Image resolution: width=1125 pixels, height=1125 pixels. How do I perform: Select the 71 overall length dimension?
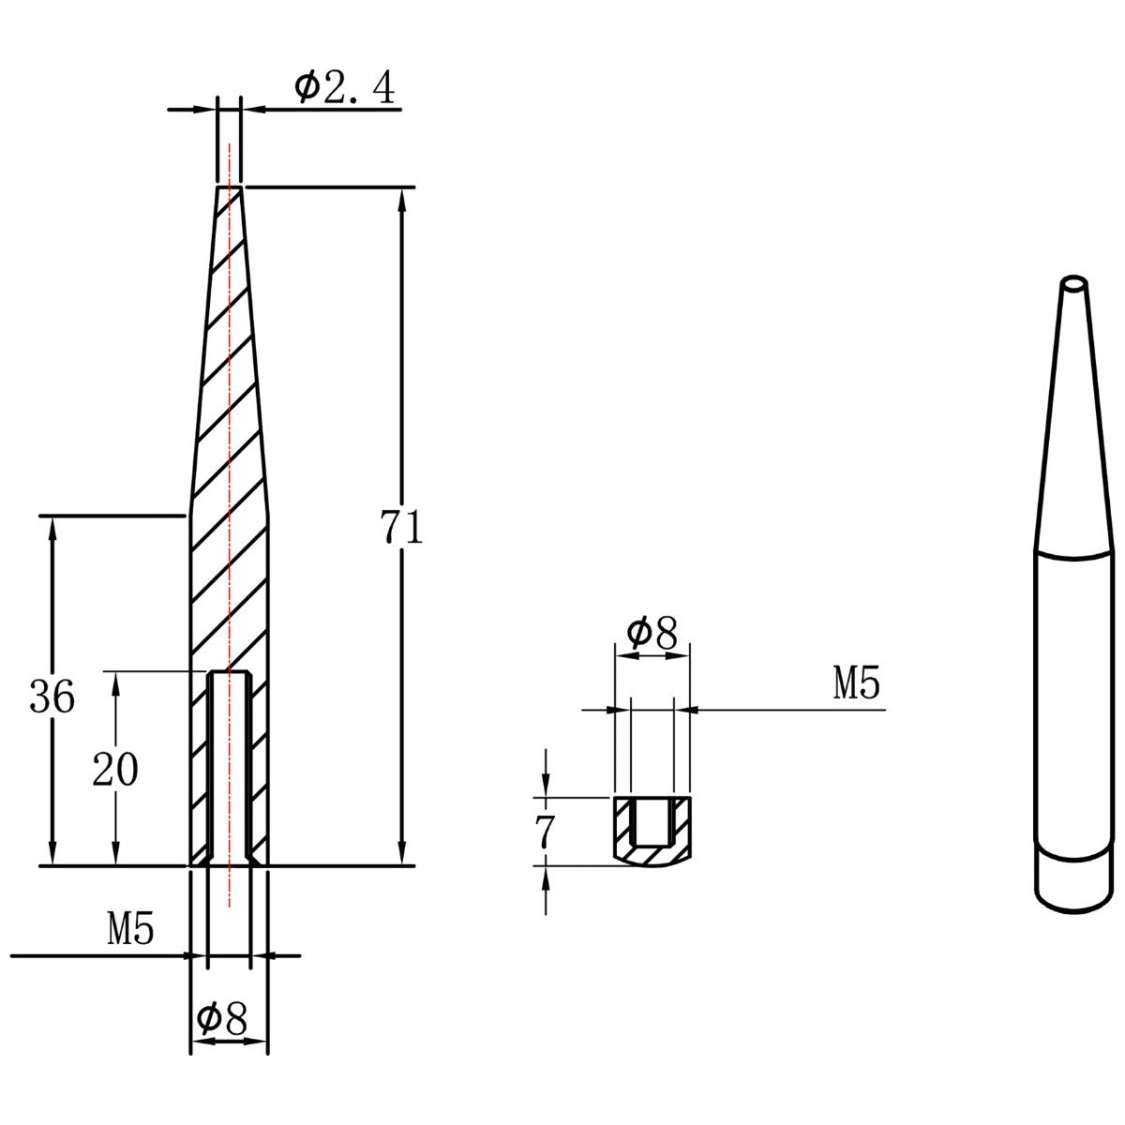click(402, 529)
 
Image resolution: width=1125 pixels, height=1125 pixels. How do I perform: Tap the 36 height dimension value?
click(52, 697)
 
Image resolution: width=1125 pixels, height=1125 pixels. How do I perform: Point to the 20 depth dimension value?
click(115, 770)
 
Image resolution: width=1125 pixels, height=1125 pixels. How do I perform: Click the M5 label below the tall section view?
click(130, 930)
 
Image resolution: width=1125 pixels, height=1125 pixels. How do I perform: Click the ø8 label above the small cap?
click(652, 634)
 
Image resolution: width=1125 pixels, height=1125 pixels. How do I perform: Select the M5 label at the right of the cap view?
click(857, 685)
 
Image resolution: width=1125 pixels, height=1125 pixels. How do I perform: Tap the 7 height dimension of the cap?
click(545, 830)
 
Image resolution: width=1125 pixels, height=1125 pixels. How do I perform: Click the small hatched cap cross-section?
click(653, 831)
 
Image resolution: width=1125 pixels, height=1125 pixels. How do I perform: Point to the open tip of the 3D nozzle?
click(1073, 281)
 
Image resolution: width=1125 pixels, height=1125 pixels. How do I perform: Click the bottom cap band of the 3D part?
click(1073, 881)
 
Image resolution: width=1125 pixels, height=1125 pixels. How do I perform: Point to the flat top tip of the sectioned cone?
click(230, 188)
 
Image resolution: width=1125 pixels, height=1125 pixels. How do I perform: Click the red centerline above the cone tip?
click(229, 159)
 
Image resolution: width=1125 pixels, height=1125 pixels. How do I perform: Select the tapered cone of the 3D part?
click(1072, 422)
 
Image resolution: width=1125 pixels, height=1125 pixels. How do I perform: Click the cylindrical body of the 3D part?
click(1073, 703)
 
